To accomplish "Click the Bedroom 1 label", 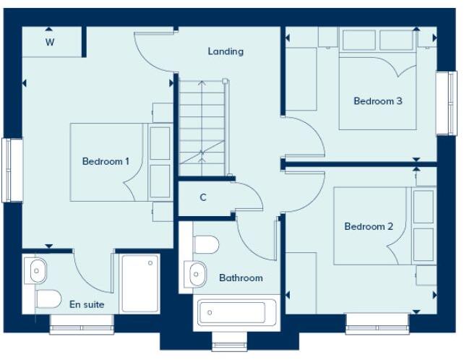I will point(106,161).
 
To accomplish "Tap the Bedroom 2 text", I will point(369,226).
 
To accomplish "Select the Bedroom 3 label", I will point(377,101).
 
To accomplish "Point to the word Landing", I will point(225,51).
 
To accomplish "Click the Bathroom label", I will point(241,278).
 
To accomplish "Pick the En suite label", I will point(87,304).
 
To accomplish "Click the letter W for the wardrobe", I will point(50,42).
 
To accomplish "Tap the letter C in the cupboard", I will point(203,197).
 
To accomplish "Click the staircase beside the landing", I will point(202,127).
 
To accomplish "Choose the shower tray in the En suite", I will point(141,283).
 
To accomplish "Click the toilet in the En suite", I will point(47,299).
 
